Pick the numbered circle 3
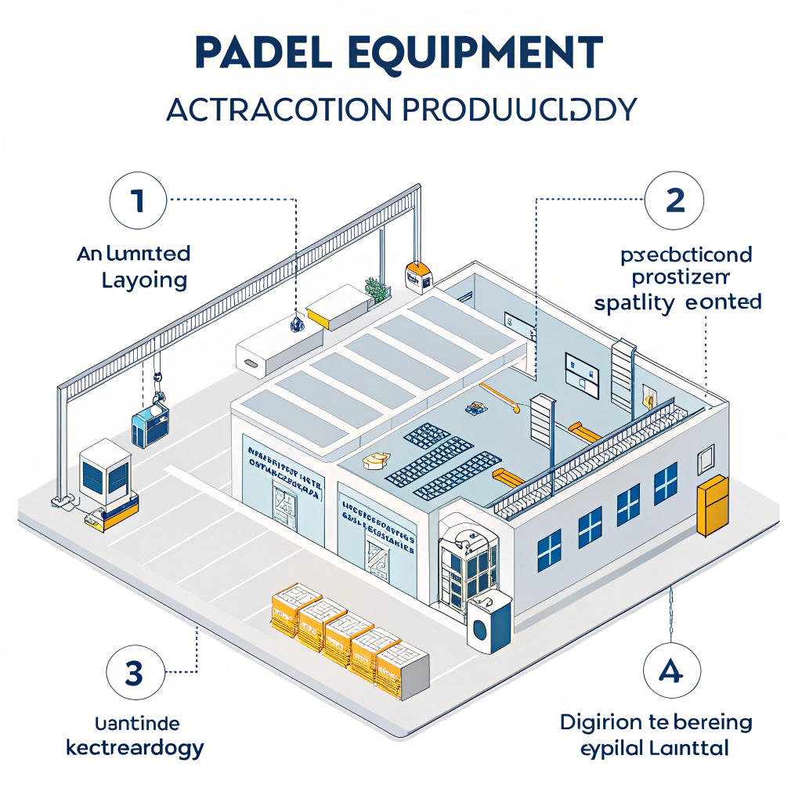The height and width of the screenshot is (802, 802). [134, 672]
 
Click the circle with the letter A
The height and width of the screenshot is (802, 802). [671, 672]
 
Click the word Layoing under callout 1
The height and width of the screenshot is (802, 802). [144, 280]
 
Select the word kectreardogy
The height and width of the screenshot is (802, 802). [135, 746]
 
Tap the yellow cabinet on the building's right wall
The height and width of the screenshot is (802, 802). [712, 505]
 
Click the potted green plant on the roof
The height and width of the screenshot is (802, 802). [378, 290]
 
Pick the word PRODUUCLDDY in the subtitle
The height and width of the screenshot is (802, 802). [518, 110]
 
